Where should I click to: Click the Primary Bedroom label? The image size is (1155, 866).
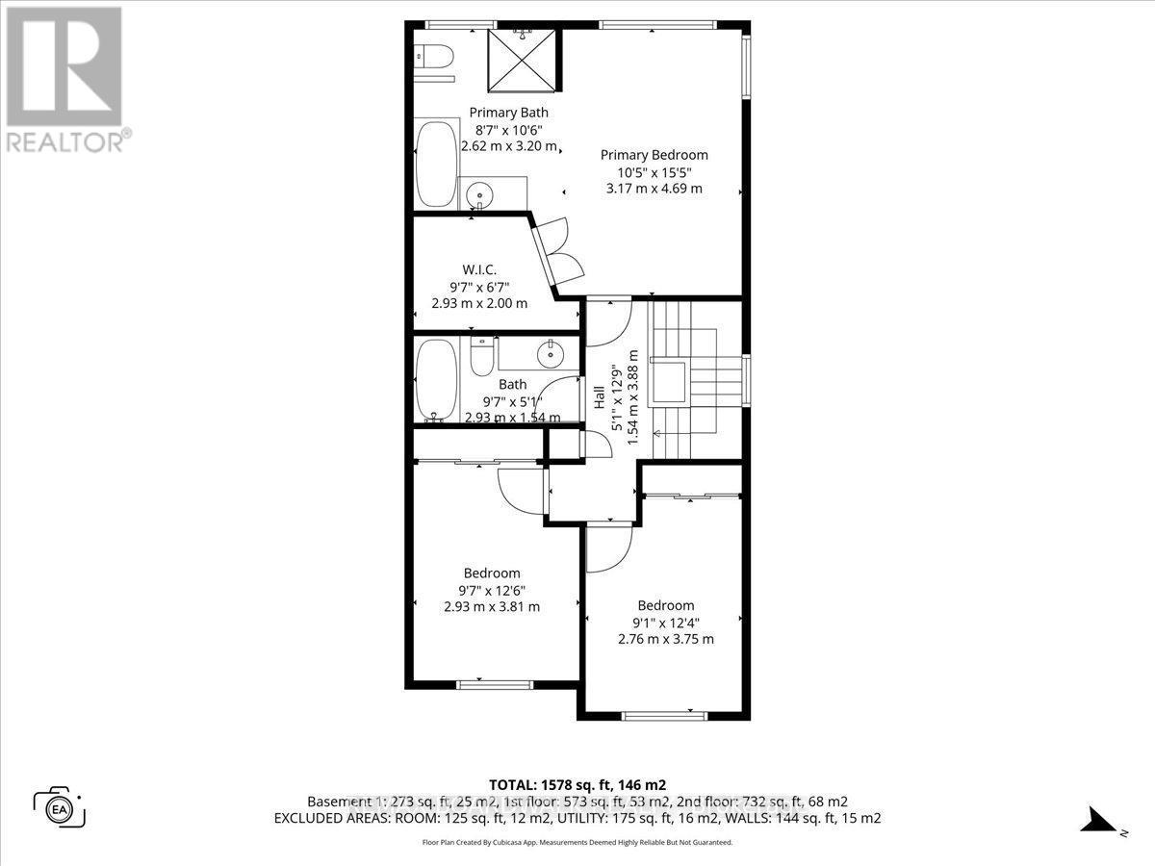click(654, 154)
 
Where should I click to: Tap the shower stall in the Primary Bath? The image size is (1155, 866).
click(523, 60)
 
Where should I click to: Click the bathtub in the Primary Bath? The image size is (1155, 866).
click(438, 164)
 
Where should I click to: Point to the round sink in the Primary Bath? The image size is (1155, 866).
click(477, 197)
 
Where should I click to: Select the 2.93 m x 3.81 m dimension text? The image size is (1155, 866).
click(492, 607)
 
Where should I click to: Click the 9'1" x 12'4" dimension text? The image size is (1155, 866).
click(666, 623)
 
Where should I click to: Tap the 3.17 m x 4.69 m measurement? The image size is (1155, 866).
click(654, 189)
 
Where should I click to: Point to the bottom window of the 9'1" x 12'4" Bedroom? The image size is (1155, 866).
click(664, 715)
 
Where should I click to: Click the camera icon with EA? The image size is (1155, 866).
click(60, 806)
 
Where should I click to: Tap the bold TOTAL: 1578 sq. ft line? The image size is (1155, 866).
click(577, 783)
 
